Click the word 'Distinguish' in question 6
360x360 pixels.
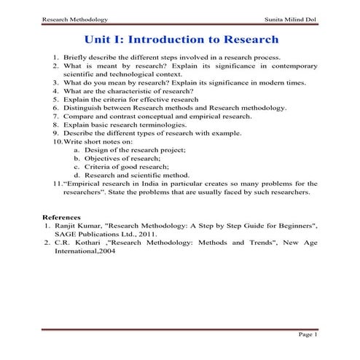coord(83,107)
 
